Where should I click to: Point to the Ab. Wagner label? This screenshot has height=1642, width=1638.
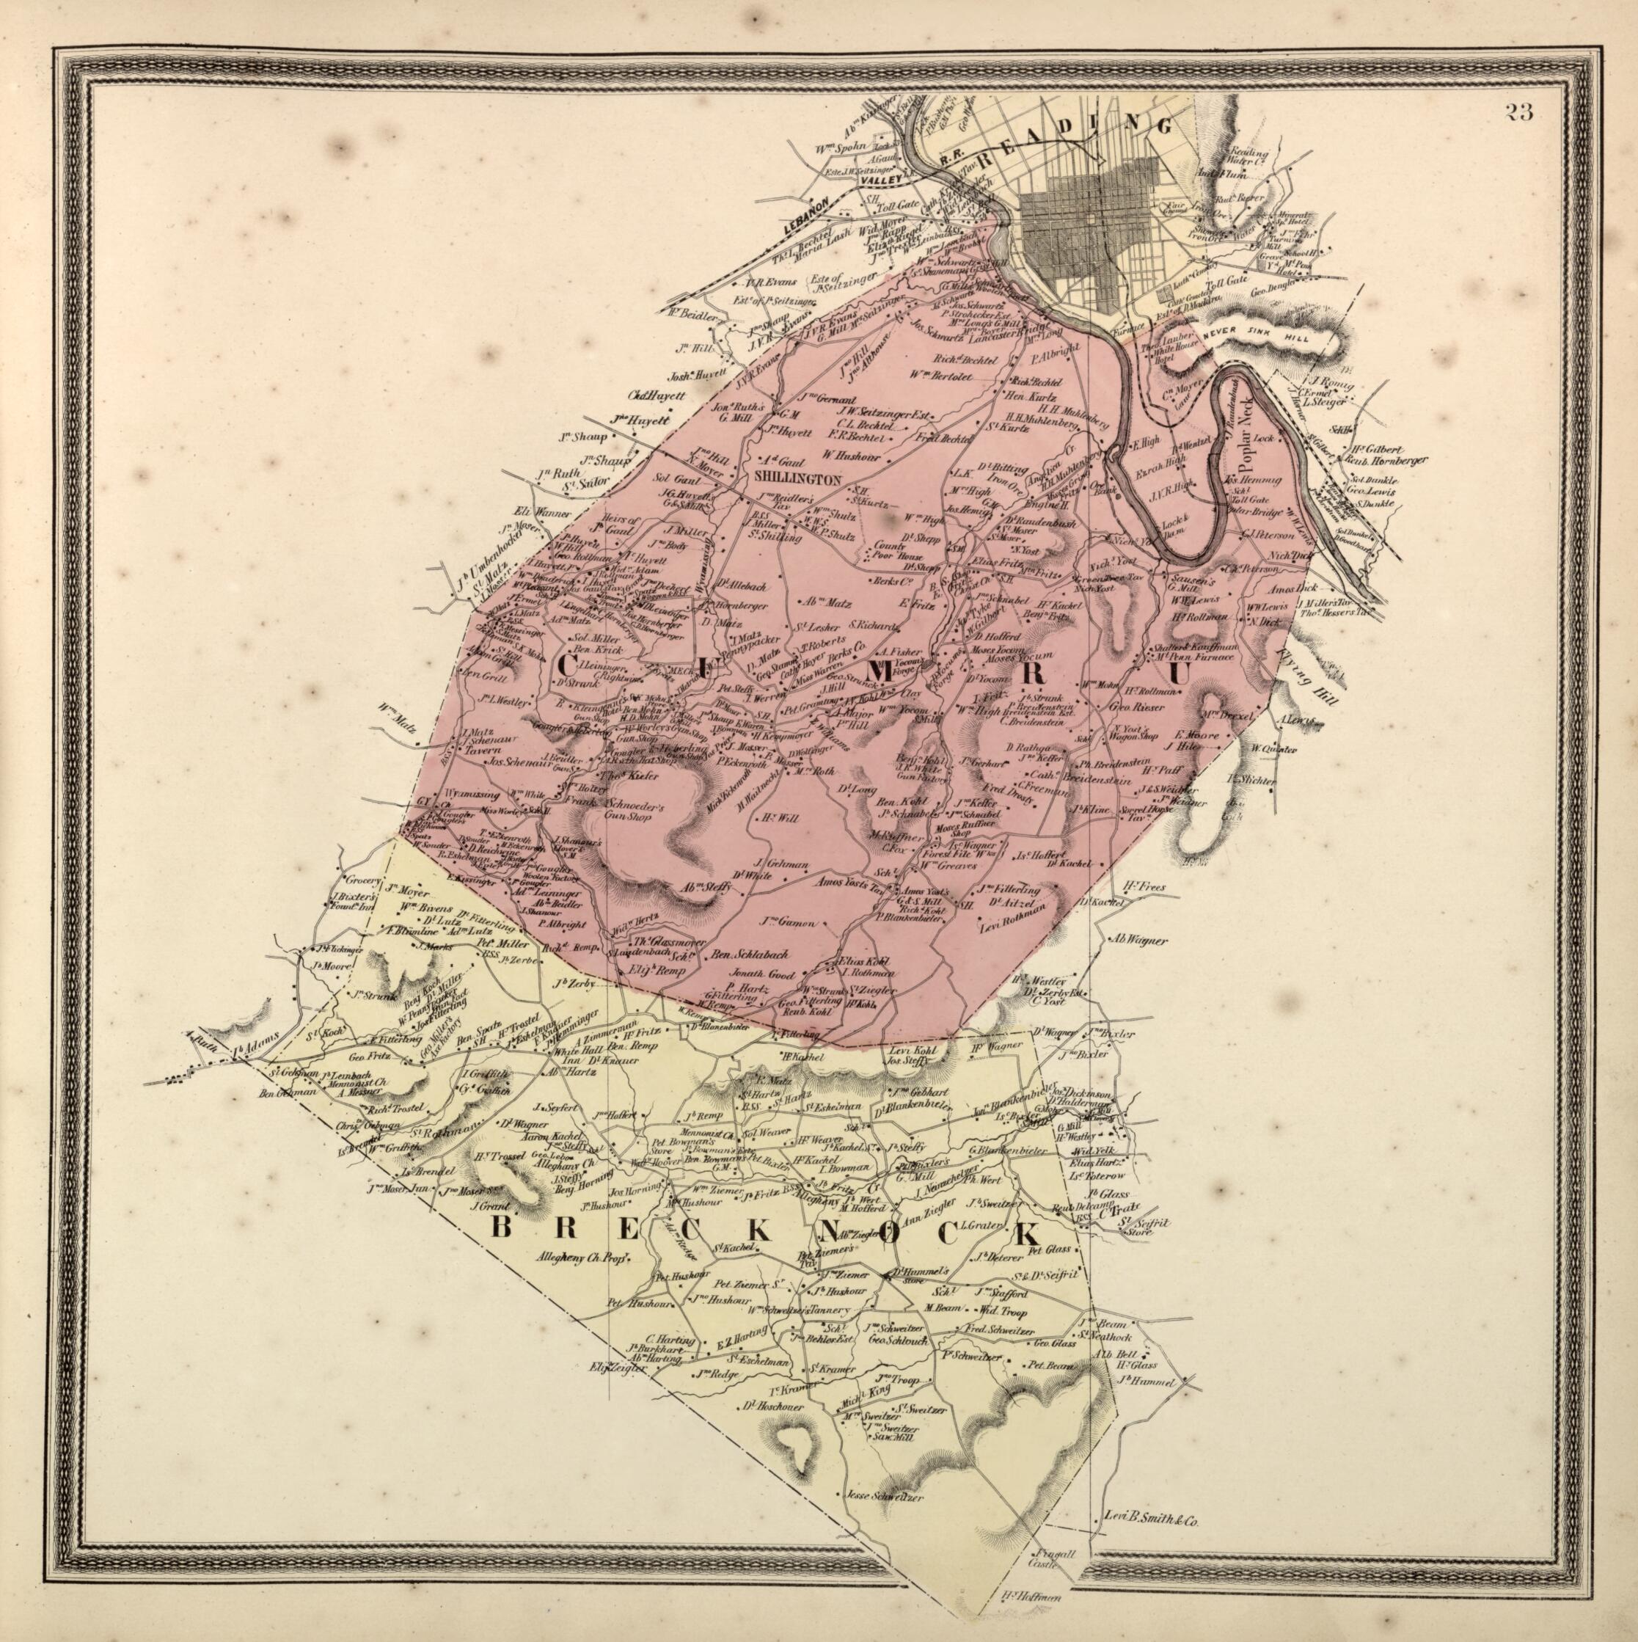1139,941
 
